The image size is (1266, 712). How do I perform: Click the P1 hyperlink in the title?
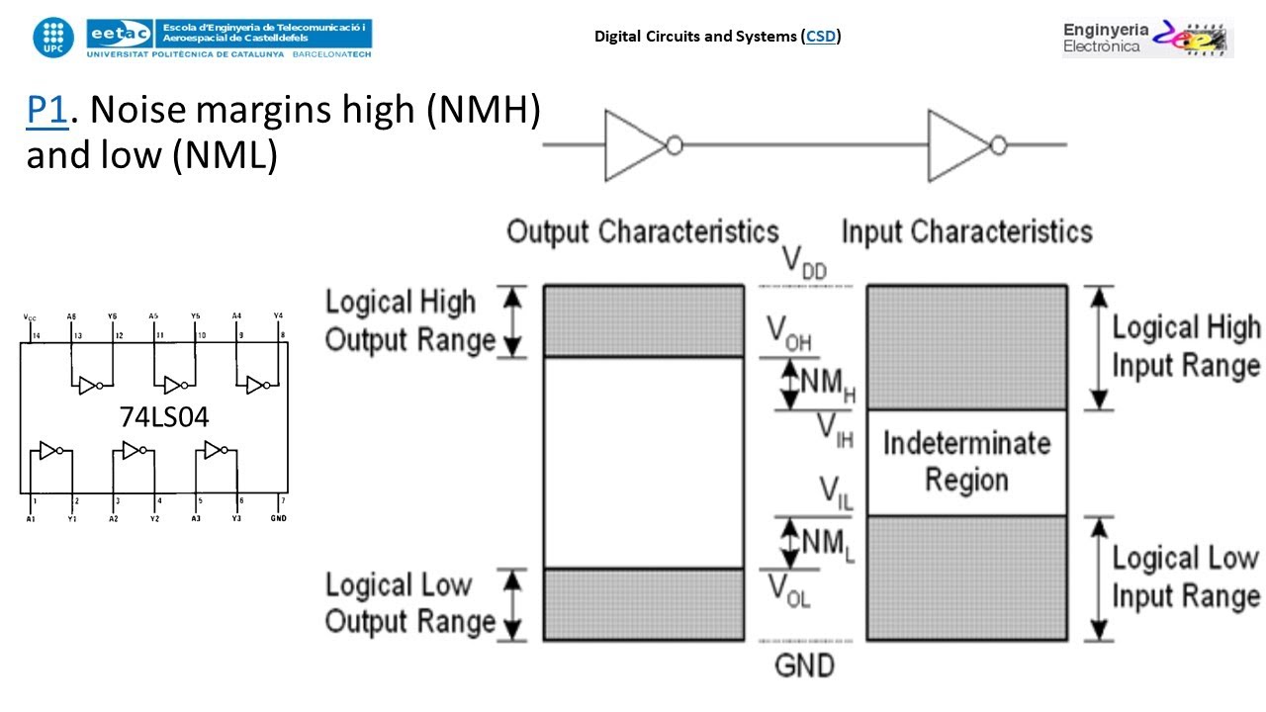[45, 111]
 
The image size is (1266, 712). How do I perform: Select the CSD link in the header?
[821, 37]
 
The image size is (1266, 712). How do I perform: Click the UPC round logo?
[52, 37]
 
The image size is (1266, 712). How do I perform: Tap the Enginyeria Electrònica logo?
[1147, 38]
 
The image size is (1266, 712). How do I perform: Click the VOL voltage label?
[790, 589]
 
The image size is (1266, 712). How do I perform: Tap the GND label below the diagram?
[805, 664]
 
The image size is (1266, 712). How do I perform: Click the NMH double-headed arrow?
[789, 384]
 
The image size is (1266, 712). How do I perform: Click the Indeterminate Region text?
[966, 462]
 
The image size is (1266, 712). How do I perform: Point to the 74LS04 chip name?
[164, 418]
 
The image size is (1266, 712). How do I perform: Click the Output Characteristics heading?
[643, 232]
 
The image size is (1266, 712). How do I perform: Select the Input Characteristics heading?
[966, 232]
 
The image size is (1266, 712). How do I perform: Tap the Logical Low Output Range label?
[409, 603]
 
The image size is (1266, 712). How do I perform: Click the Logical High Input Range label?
[1185, 346]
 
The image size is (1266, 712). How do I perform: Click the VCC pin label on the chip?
[30, 317]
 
